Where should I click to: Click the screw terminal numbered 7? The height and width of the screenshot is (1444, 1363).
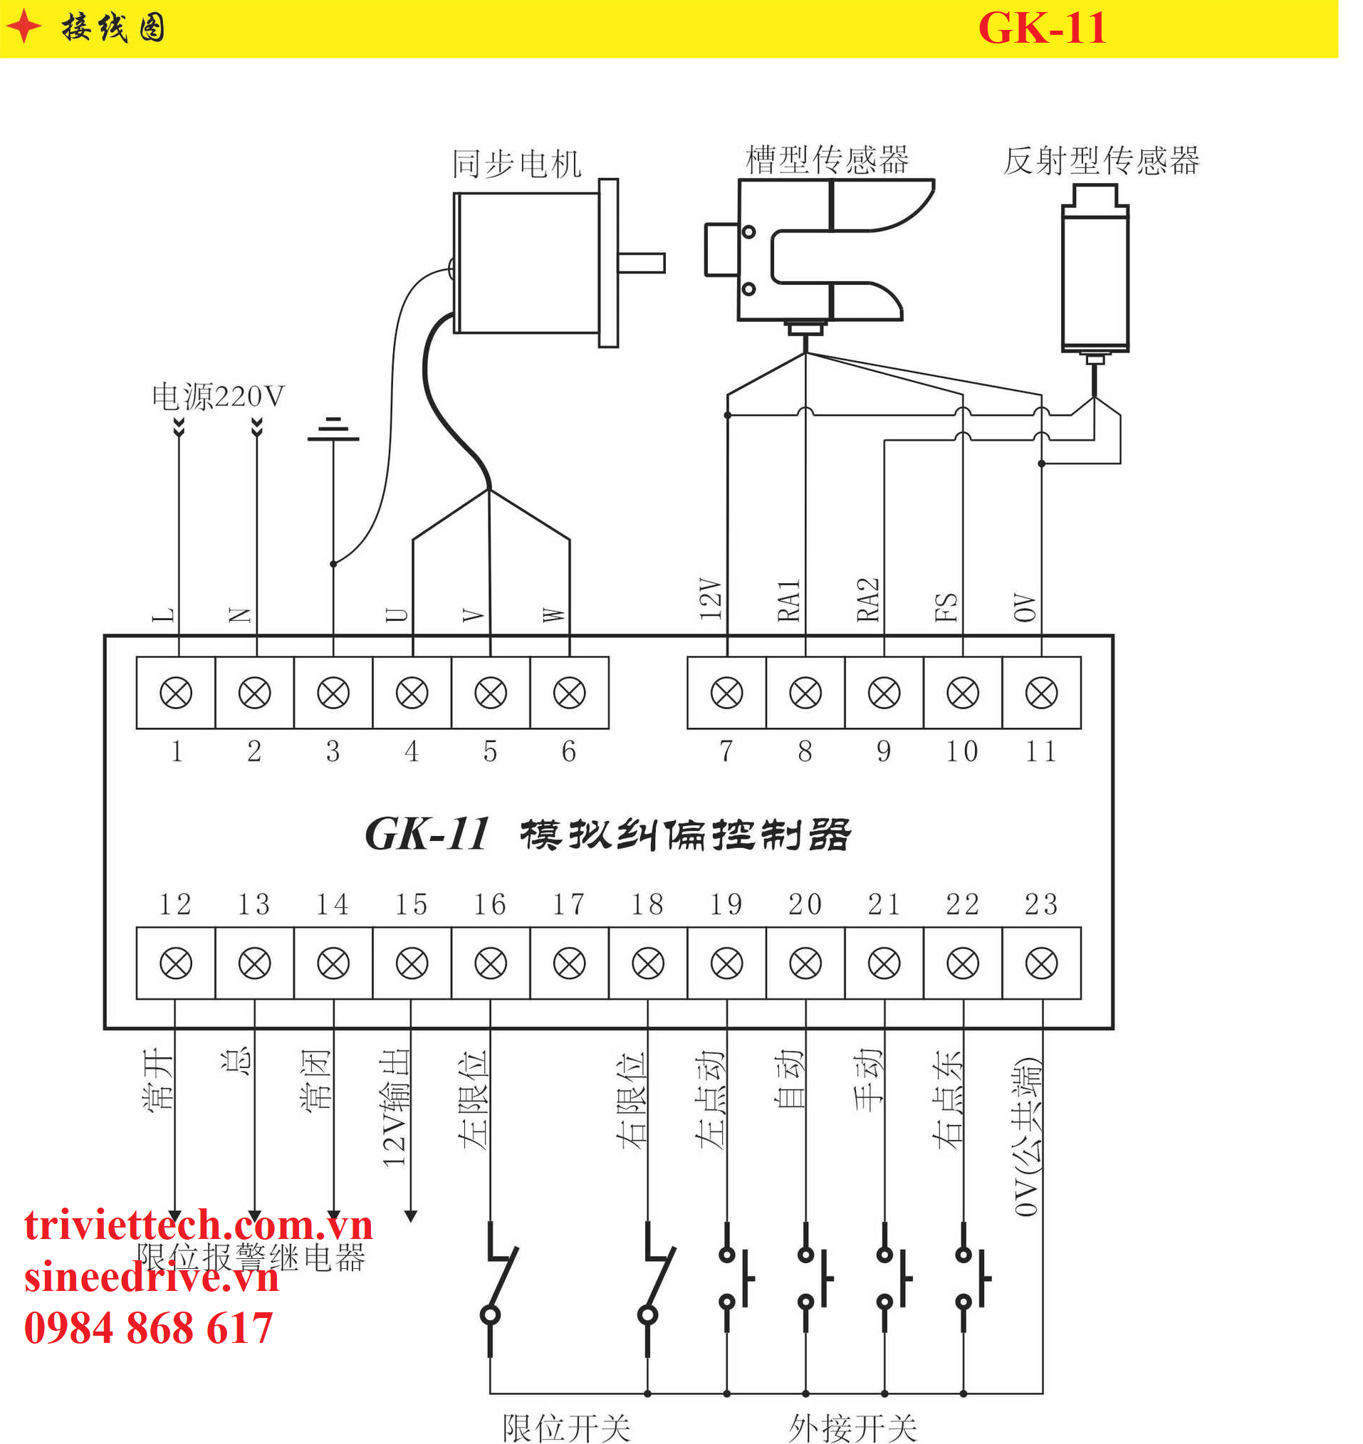pyautogui.click(x=726, y=693)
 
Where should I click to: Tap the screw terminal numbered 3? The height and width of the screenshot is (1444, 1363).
pyautogui.click(x=333, y=693)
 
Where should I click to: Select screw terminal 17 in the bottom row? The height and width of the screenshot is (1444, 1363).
pyautogui.click(x=569, y=964)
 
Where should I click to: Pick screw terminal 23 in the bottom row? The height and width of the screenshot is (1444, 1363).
pyautogui.click(x=1041, y=964)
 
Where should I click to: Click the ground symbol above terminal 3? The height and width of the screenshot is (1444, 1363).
pyautogui.click(x=333, y=429)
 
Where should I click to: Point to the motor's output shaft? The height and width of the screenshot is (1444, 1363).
pyautogui.click(x=642, y=263)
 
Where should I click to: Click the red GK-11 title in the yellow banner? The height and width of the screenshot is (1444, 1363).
pyautogui.click(x=1042, y=28)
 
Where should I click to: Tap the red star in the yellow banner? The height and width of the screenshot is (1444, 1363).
pyautogui.click(x=24, y=27)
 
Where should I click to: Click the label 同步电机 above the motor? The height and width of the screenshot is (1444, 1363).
pyautogui.click(x=516, y=164)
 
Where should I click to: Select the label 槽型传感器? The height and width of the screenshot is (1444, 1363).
pyautogui.click(x=827, y=159)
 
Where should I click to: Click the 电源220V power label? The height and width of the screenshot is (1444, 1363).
pyautogui.click(x=218, y=397)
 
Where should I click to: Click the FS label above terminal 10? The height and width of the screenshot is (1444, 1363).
pyautogui.click(x=946, y=607)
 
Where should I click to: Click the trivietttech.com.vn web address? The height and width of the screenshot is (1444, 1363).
pyautogui.click(x=199, y=1225)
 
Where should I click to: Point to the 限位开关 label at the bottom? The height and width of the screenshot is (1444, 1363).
pyautogui.click(x=566, y=1428)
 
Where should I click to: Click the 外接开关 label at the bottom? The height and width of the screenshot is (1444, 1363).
pyautogui.click(x=853, y=1428)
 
